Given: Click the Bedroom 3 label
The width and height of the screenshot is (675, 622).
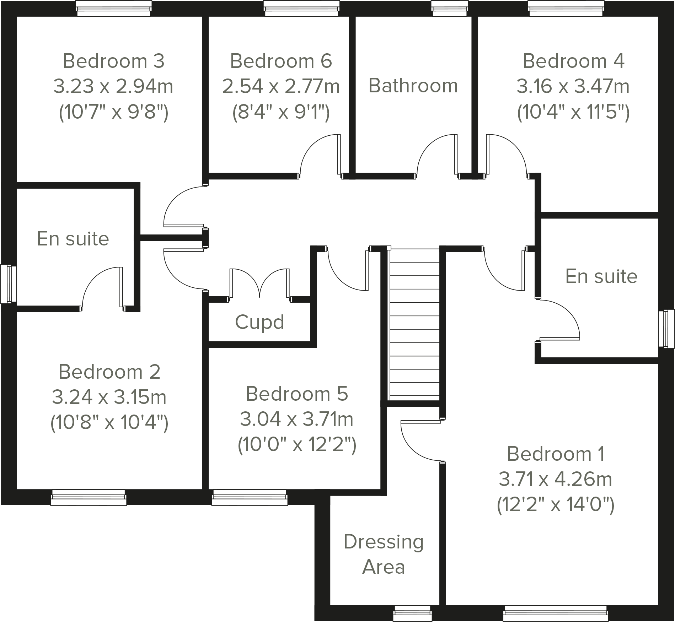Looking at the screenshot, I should [x=113, y=61].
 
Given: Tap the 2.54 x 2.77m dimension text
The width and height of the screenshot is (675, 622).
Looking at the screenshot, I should [x=281, y=86].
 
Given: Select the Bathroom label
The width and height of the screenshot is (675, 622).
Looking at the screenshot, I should [x=413, y=86].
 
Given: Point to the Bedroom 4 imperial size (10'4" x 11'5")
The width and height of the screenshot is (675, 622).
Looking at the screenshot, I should [x=573, y=112].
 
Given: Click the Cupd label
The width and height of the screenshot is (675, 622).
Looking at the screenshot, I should [x=259, y=322].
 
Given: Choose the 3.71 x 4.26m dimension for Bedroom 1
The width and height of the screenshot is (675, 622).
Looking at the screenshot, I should [x=555, y=479].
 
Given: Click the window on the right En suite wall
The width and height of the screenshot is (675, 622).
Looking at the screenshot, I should [x=666, y=328].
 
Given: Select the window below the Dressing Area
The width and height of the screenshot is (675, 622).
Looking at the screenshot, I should [x=412, y=613].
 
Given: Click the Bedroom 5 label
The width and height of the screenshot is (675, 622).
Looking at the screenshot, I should [x=297, y=394].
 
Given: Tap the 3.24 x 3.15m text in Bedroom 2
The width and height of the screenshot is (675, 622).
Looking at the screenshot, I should [x=109, y=397].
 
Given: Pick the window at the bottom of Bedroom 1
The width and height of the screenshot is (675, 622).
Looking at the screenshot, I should [x=556, y=613].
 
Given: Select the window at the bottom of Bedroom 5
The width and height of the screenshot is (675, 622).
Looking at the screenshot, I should [x=250, y=497].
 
